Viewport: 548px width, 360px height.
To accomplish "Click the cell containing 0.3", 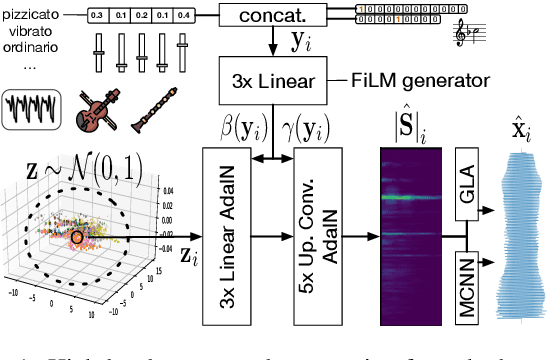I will click(x=97, y=16).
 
